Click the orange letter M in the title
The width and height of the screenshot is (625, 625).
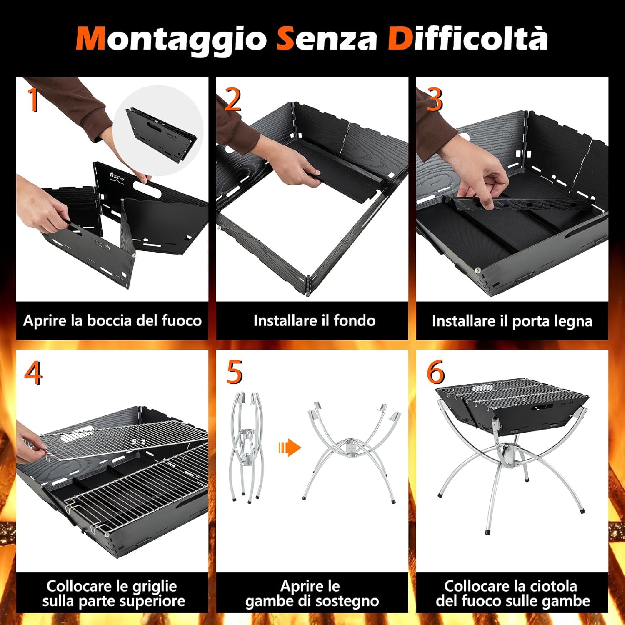click(90, 39)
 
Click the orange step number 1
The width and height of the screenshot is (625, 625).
click(33, 100)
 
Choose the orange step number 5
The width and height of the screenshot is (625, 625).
click(234, 372)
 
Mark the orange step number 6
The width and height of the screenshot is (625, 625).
click(435, 372)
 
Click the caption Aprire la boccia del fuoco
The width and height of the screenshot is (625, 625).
click(112, 321)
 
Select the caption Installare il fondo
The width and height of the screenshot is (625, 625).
click(314, 321)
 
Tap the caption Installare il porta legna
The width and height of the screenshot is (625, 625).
click(512, 321)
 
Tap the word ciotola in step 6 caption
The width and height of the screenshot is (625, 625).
click(552, 586)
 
